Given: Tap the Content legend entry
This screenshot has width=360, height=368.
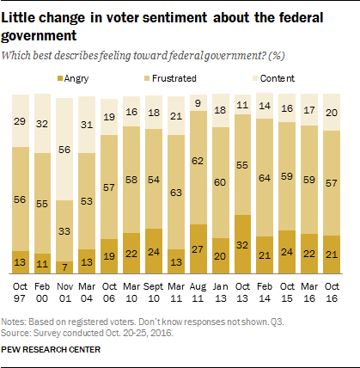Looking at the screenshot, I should (270, 78).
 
